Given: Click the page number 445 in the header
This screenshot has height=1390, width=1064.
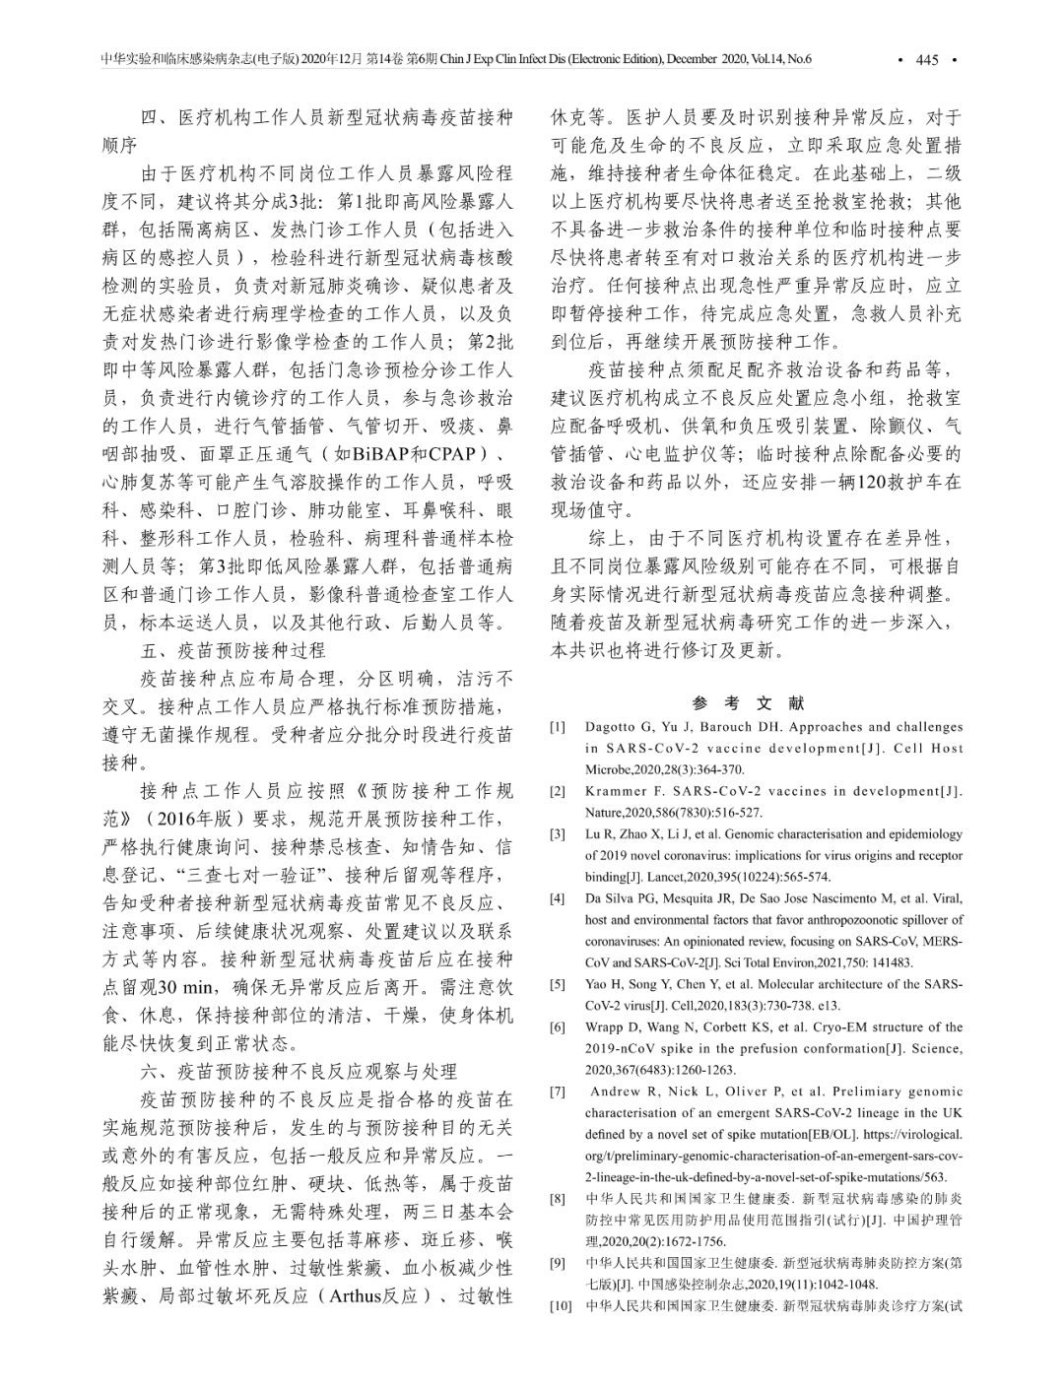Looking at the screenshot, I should tap(927, 60).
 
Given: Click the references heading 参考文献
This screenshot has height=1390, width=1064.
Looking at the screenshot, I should tap(749, 703).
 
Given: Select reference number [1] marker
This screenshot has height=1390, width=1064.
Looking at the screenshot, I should tap(558, 727).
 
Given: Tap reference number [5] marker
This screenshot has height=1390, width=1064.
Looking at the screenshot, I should tap(558, 984).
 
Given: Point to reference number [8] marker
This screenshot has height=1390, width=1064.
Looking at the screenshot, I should tap(558, 1199).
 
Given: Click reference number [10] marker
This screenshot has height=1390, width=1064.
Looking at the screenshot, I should tap(561, 1306).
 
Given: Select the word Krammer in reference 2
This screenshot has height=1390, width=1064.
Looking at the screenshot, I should tap(616, 791).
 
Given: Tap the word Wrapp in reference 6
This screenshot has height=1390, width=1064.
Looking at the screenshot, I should tap(605, 1027).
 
